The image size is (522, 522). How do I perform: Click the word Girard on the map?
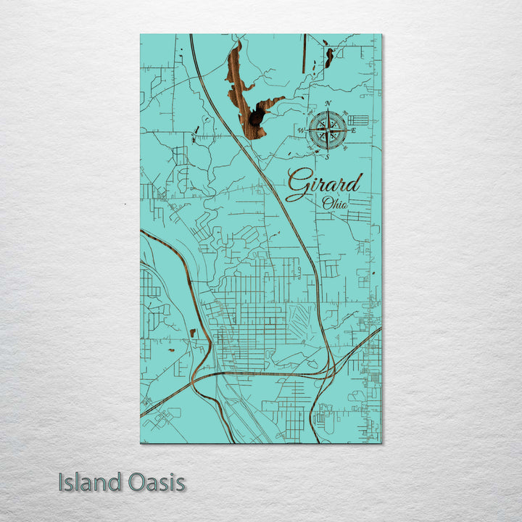coord(323,184)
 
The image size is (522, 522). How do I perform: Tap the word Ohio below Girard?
coord(335,203)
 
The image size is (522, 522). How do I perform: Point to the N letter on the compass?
coord(328,104)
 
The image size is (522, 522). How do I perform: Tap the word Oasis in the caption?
coord(155,482)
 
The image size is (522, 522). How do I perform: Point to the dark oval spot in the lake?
coord(254,117)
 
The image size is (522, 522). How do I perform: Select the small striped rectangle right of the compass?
coord(358,120)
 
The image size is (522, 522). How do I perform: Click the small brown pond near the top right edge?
coord(329,57)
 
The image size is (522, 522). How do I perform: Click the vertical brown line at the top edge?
coord(304,43)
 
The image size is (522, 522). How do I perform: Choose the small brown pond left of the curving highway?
coord(193,333)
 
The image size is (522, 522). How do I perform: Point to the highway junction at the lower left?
coord(206,377)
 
